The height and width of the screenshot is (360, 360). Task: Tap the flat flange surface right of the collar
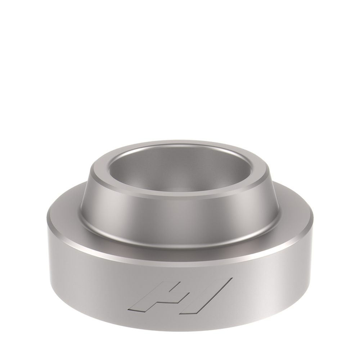point(293,212)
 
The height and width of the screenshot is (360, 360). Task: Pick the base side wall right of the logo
point(277,284)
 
